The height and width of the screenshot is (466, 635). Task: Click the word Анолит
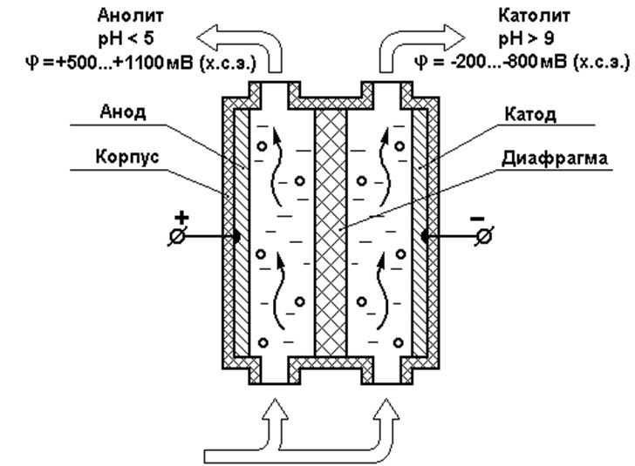click(x=131, y=16)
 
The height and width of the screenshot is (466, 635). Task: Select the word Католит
click(x=534, y=16)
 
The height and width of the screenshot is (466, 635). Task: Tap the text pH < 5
click(x=126, y=39)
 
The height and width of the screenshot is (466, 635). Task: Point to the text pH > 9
click(x=526, y=39)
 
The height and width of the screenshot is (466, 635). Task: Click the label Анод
click(x=123, y=111)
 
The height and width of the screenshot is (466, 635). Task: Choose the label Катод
click(x=530, y=114)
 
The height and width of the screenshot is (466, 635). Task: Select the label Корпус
click(x=127, y=157)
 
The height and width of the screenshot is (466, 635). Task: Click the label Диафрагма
click(x=555, y=159)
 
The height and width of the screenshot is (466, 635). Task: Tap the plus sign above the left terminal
click(x=181, y=218)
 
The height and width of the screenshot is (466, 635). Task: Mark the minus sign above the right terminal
click(x=477, y=219)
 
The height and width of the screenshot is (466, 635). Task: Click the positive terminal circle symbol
click(x=177, y=236)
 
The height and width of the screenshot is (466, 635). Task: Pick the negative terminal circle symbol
click(x=484, y=236)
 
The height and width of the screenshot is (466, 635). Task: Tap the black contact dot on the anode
click(x=236, y=236)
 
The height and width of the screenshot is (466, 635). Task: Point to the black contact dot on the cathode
click(x=426, y=236)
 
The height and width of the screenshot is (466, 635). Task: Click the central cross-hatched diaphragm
click(x=331, y=233)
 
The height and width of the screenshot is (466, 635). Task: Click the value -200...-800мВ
click(x=509, y=64)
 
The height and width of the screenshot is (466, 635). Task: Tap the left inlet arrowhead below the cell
click(x=276, y=409)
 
